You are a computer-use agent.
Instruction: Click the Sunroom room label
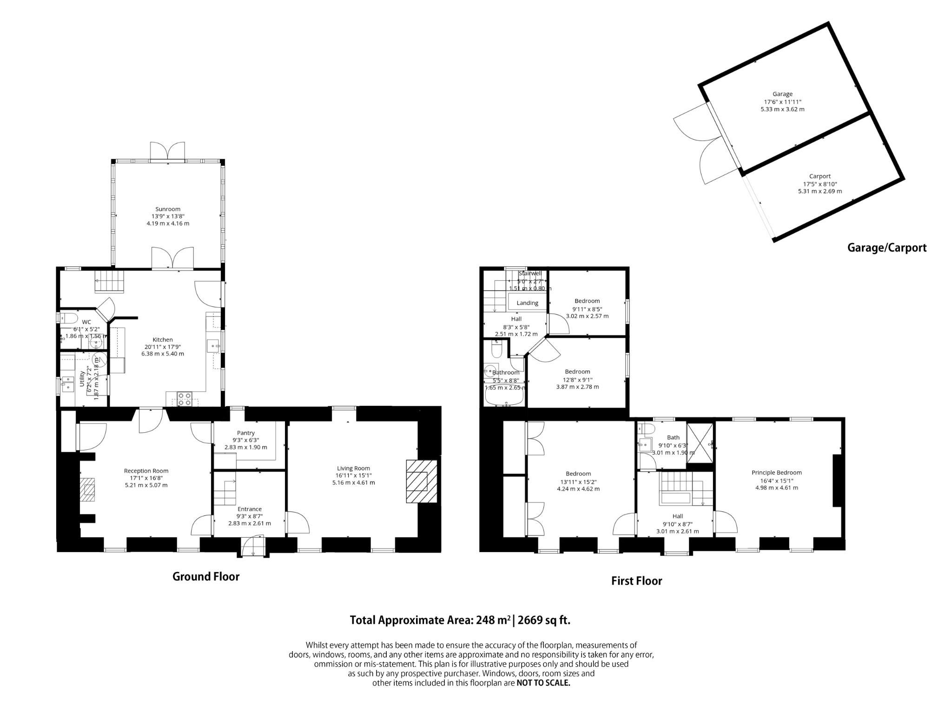pyautogui.click(x=168, y=209)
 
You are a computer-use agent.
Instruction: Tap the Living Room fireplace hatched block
pyautogui.click(x=422, y=481)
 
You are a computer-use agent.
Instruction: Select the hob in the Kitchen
pyautogui.click(x=185, y=399)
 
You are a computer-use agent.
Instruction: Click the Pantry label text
pyautogui.click(x=245, y=433)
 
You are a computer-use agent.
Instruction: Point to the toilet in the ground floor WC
pyautogui.click(x=70, y=318)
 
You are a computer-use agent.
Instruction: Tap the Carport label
pyautogui.click(x=820, y=176)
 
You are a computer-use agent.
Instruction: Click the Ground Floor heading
pyautogui.click(x=206, y=577)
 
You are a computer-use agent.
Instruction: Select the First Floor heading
pyautogui.click(x=636, y=581)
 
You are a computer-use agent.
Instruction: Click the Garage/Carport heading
pyautogui.click(x=886, y=248)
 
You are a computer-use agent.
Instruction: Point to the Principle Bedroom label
pyautogui.click(x=776, y=473)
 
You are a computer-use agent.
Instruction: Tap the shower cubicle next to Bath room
pyautogui.click(x=700, y=443)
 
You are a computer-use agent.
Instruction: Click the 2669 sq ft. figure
pyautogui.click(x=544, y=620)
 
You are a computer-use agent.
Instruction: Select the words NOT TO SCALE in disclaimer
pyautogui.click(x=543, y=683)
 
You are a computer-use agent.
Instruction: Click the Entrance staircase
pyautogui.click(x=225, y=493)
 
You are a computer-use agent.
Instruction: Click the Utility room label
pyautogui.click(x=82, y=379)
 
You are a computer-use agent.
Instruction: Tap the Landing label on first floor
pyautogui.click(x=527, y=303)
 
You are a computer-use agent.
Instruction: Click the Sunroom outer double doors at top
pyautogui.click(x=167, y=151)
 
